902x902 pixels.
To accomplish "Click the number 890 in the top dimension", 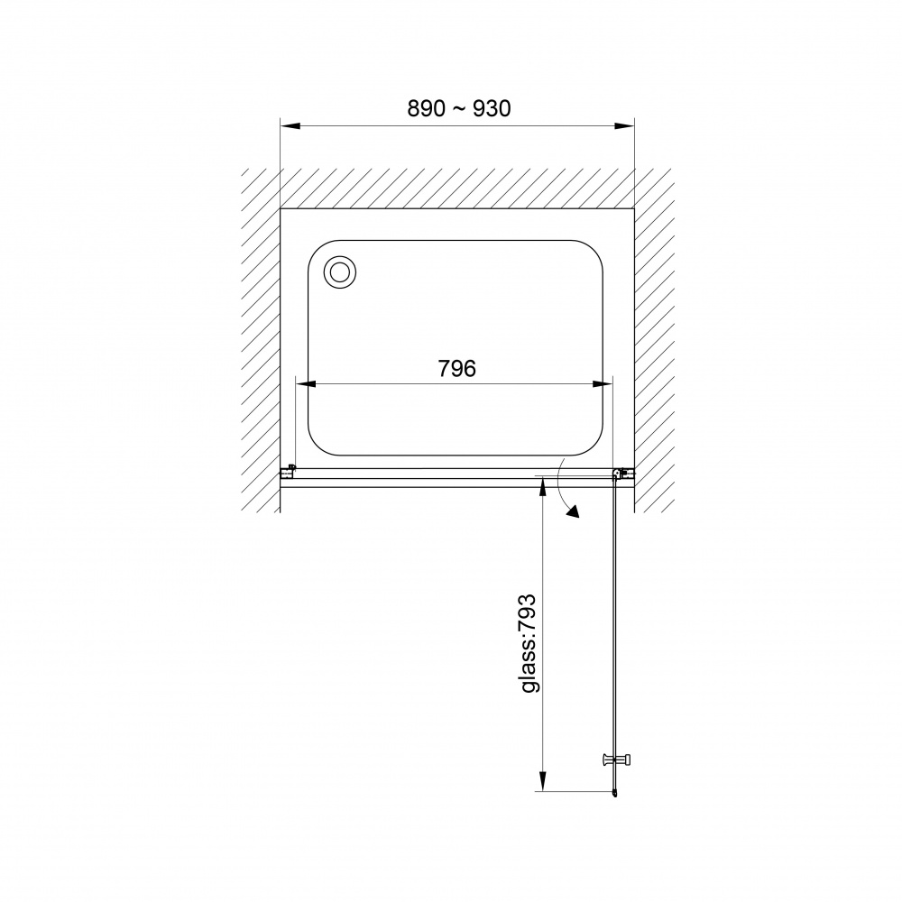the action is click(x=427, y=108).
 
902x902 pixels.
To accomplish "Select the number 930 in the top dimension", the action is click(x=492, y=108).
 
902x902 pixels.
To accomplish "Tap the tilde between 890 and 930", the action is click(x=459, y=109).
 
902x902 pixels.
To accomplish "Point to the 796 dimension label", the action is click(x=457, y=369).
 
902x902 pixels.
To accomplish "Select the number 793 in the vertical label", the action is click(x=528, y=613).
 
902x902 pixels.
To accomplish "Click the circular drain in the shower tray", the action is click(x=340, y=272).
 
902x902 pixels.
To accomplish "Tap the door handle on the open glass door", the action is click(x=615, y=759).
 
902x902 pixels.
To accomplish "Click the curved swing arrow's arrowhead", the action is click(x=572, y=511).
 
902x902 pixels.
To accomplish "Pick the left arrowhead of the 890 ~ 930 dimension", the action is click(x=290, y=126).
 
